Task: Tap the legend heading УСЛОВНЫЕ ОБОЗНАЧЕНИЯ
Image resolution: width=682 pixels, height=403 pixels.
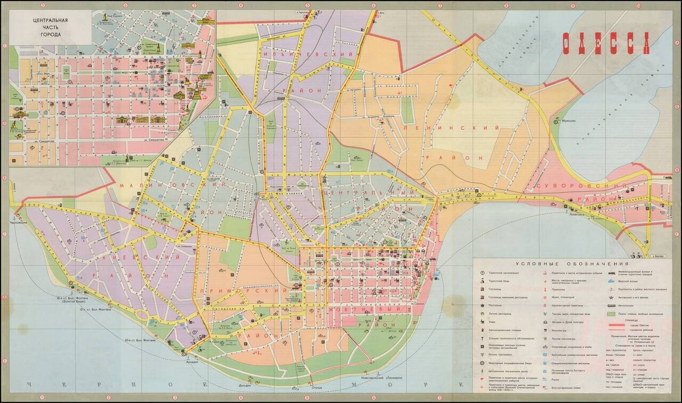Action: click(572, 264)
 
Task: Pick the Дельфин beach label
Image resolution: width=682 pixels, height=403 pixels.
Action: click(245, 385)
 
